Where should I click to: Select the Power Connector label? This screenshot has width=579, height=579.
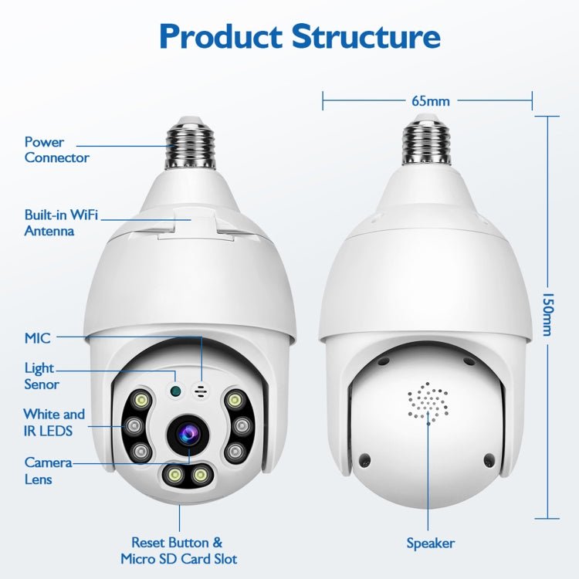point(56,150)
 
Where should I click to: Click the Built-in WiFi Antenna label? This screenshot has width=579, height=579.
point(61,223)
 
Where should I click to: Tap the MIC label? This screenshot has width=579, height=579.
point(37,337)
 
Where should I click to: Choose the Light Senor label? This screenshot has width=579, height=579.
point(42,376)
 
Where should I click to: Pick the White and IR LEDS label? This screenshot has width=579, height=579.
point(53,422)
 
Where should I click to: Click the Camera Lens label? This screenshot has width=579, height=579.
point(48,470)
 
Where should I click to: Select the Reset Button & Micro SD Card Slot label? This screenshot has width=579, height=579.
point(178,550)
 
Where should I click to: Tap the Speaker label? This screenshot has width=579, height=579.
point(430,543)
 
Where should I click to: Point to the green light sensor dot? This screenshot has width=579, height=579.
point(176,390)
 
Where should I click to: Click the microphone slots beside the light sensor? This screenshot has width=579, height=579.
point(202,391)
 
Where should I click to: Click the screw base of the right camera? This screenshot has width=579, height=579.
point(427,141)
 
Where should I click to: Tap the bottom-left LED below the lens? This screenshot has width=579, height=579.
point(171,475)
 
